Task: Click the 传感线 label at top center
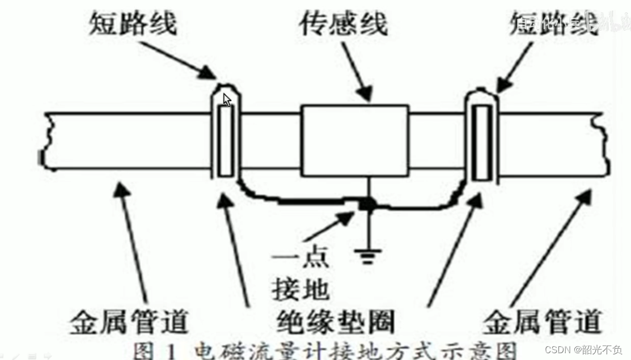point(345,24)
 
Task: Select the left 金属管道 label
point(129,323)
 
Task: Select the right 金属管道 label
point(541,323)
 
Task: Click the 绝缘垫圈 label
point(336,323)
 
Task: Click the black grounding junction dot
point(369,204)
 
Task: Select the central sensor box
point(355,141)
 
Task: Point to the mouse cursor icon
point(227,100)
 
